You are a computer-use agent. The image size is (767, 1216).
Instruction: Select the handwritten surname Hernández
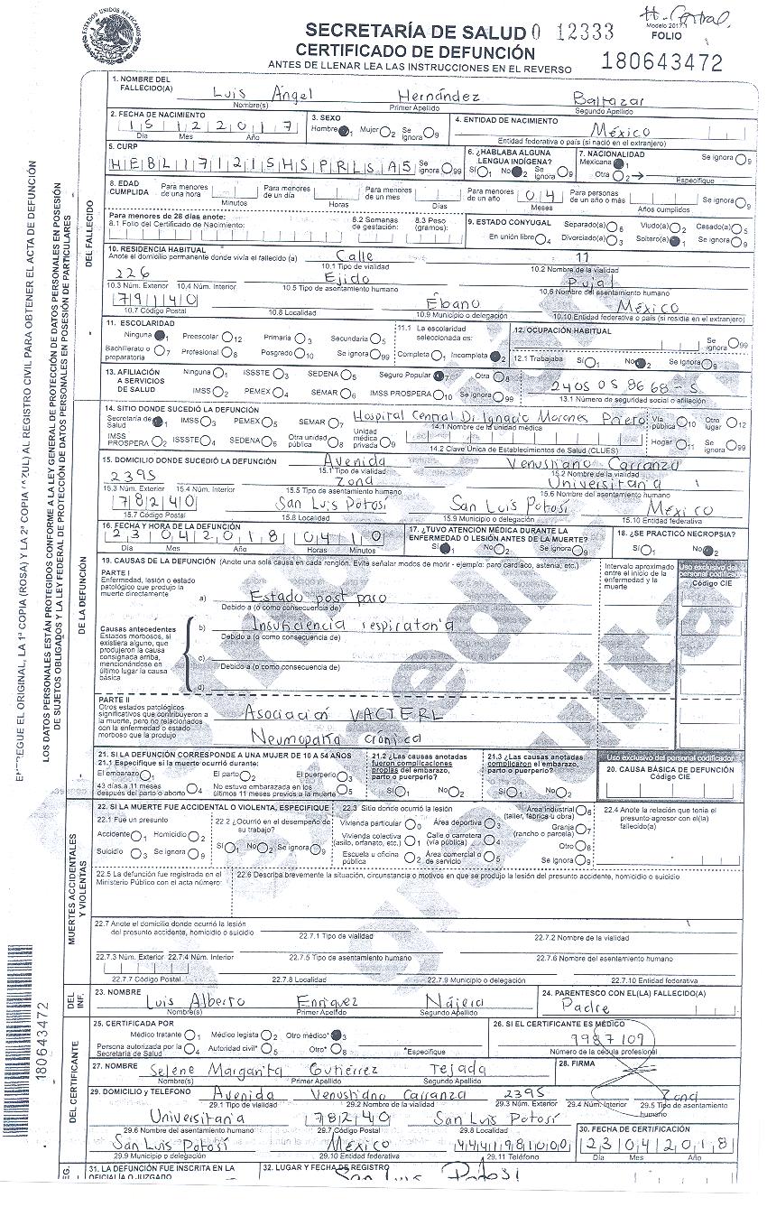[443, 95]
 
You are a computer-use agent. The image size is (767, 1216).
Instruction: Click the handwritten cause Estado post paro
[318, 597]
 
